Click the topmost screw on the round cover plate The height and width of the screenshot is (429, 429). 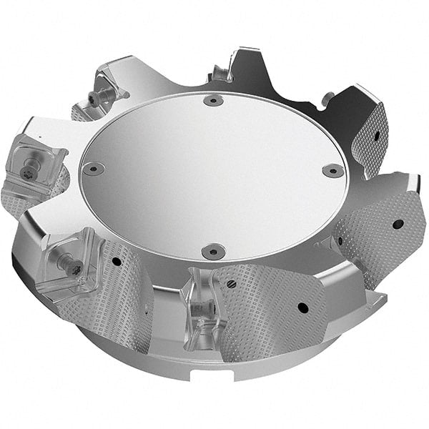point(213,100)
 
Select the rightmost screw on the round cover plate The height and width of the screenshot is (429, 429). point(332,171)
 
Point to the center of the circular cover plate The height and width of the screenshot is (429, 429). point(213,175)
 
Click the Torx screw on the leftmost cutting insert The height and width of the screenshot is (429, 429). point(29,172)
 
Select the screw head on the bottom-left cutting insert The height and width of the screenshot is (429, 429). point(71,266)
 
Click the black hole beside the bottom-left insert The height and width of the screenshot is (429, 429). point(116,262)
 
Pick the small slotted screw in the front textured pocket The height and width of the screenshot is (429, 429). point(230,285)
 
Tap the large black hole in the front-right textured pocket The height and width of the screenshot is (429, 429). point(303,307)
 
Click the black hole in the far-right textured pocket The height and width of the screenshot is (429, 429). point(398,224)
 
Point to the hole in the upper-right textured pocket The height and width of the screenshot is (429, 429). point(375,134)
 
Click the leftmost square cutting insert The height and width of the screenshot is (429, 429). point(33,164)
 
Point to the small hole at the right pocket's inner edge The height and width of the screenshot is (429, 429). point(340,240)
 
